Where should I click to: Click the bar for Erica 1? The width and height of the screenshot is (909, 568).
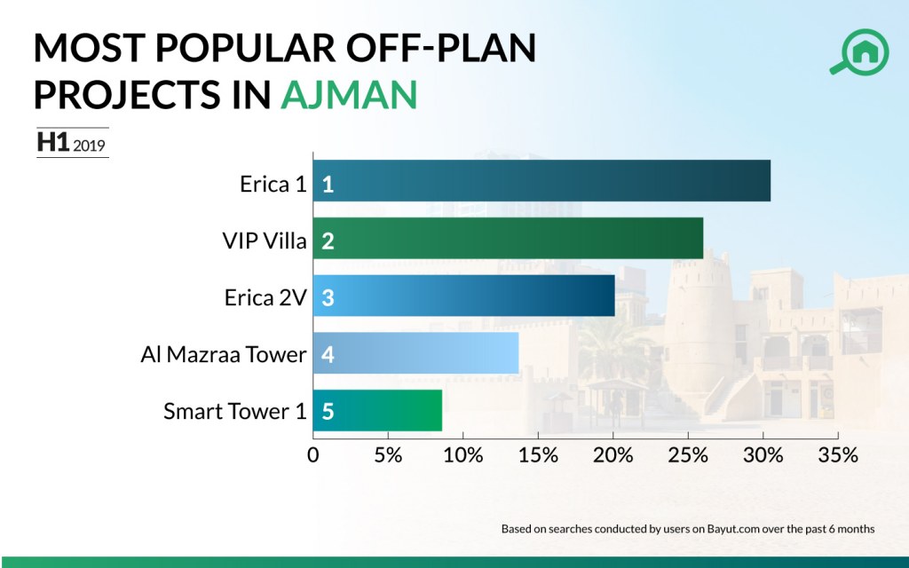[x=541, y=181]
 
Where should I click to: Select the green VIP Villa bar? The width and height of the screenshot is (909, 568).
[x=508, y=239]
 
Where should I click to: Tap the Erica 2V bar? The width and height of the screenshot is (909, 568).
[x=463, y=296]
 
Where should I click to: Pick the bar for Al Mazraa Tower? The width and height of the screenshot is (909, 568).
[x=415, y=353]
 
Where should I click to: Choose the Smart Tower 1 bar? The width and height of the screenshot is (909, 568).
[x=377, y=410]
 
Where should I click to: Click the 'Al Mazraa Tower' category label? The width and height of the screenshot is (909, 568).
[x=224, y=354]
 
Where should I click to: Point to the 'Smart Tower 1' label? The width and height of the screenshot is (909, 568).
[x=235, y=411]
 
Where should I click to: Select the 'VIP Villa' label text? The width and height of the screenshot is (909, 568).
[x=265, y=240]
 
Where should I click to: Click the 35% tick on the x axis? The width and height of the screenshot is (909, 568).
[x=839, y=455]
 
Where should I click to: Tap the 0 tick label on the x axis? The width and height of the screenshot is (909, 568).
[x=312, y=455]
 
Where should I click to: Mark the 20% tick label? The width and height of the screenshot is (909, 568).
[x=613, y=455]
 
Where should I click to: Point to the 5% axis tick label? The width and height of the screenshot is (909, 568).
[x=388, y=455]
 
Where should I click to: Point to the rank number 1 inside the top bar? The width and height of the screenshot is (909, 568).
[x=328, y=184]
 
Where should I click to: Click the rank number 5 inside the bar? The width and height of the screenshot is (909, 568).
[x=328, y=412]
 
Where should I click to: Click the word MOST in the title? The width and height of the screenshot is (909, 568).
[x=89, y=49]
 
